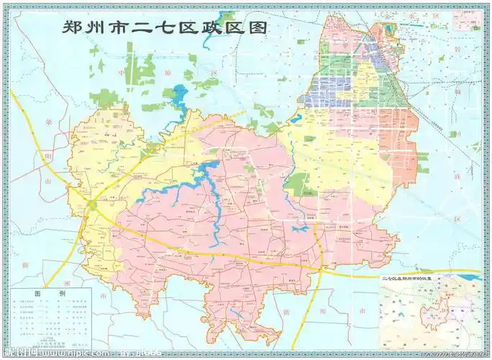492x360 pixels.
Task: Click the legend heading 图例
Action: pos(50,294)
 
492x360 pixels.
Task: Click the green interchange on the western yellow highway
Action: pos(93,205)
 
